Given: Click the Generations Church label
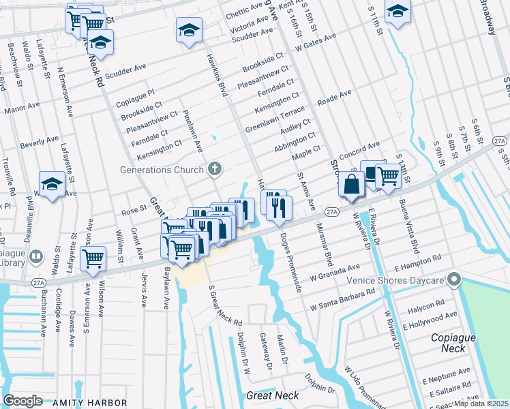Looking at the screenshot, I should pos(162,170).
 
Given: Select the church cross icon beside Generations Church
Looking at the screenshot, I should pos(215,169).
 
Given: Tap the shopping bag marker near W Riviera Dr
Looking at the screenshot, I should pos(351,185).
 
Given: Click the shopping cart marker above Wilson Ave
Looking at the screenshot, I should pos(93,258).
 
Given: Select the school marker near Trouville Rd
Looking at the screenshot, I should pos(52,184).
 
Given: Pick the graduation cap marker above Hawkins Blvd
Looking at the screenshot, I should pos(189,30).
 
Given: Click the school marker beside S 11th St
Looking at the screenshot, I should pos(397,11).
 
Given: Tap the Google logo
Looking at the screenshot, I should pos(22,401).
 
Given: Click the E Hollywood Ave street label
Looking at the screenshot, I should pos(430,321).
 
